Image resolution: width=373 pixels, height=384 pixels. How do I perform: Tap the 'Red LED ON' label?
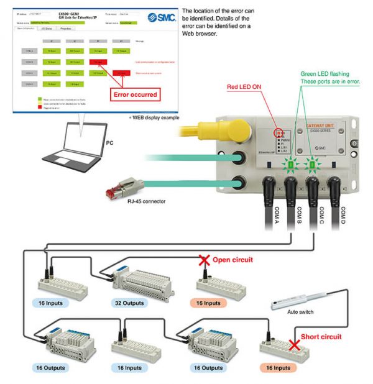[x=243, y=87]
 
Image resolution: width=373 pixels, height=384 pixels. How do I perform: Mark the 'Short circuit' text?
[x=321, y=337]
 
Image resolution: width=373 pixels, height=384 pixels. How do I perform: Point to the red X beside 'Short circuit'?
[x=292, y=344]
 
